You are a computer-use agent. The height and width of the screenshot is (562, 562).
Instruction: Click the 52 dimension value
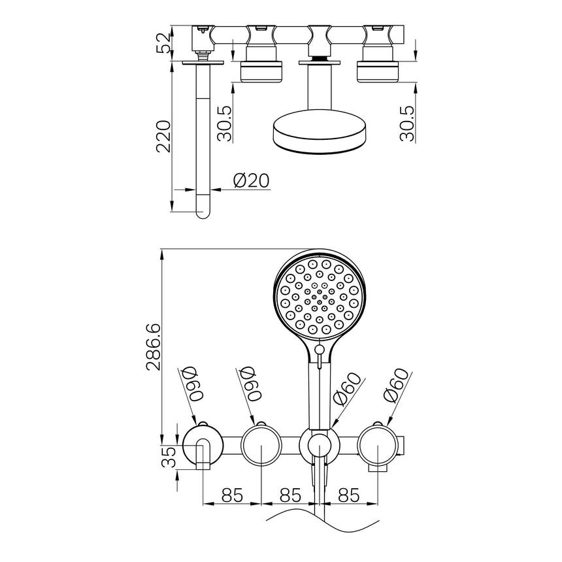click(164, 43)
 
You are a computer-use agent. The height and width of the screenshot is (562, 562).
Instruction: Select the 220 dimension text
click(163, 137)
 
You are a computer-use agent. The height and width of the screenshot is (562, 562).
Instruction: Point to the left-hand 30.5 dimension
click(225, 123)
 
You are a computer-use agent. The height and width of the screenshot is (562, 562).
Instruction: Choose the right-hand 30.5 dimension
click(407, 123)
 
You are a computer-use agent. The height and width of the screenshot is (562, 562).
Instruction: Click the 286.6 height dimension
click(154, 346)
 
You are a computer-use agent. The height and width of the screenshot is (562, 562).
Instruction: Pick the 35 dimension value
click(169, 457)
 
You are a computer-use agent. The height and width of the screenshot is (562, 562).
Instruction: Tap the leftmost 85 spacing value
click(232, 495)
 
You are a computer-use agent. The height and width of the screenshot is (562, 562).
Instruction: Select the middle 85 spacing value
click(290, 495)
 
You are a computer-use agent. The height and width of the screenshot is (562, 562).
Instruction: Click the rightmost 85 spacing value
click(348, 495)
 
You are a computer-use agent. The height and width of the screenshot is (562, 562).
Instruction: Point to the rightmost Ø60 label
click(396, 385)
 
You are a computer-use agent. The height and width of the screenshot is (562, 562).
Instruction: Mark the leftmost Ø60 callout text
click(194, 383)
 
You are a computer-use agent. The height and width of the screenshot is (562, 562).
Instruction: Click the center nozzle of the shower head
click(320, 297)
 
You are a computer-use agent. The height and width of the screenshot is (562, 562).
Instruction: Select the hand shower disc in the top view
click(320, 132)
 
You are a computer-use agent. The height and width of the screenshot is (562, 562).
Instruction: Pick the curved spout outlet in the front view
click(203, 454)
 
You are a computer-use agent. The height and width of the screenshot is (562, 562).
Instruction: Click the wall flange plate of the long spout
click(203, 63)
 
